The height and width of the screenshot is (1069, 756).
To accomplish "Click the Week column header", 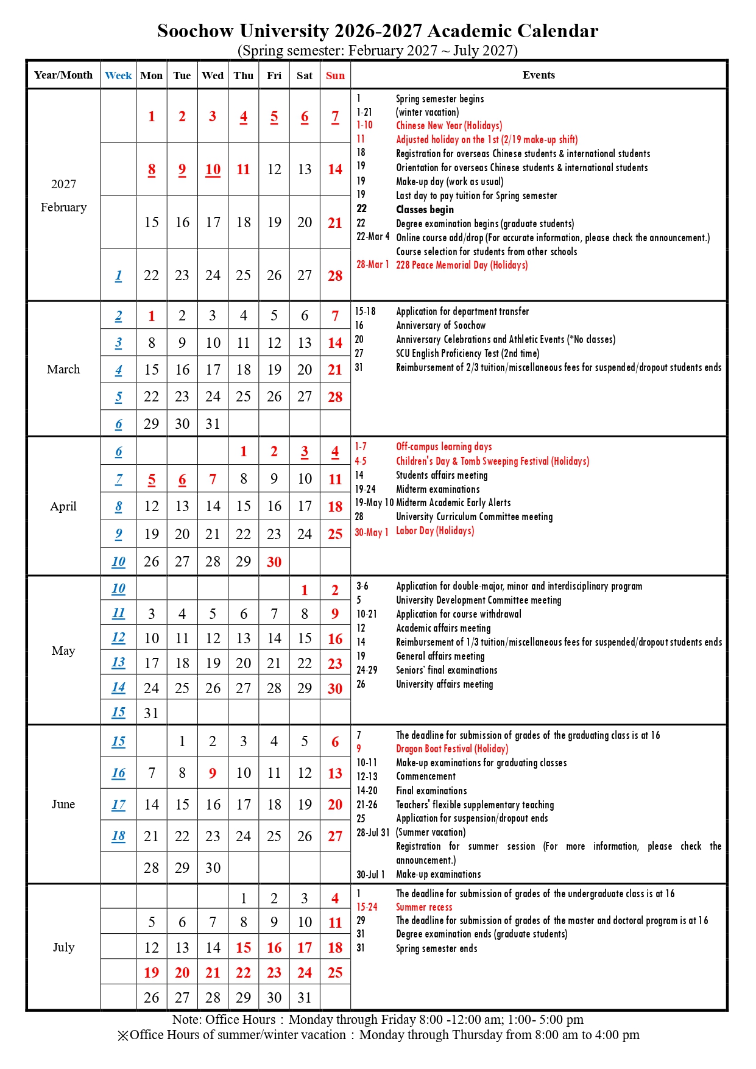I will point(118,76).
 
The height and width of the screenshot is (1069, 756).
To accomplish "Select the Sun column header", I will point(335,76).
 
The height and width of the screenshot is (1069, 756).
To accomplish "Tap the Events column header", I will point(539,75).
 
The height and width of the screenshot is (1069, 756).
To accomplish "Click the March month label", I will point(63,369).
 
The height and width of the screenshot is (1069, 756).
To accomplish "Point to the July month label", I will point(63,947).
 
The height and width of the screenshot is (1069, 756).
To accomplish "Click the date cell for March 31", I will point(213,424).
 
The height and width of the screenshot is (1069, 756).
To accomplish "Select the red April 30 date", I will point(274,562).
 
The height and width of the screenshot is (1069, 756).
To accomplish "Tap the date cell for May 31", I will point(151,713).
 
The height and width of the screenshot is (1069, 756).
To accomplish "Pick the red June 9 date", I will point(213,774).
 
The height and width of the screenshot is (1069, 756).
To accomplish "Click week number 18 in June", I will point(118,836).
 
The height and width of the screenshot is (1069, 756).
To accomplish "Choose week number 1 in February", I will point(118,276).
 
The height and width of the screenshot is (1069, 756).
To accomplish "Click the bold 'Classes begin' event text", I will point(425,210).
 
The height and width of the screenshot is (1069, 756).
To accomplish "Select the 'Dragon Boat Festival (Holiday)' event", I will point(452,749).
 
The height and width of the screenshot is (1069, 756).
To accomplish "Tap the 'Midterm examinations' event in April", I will point(437,489).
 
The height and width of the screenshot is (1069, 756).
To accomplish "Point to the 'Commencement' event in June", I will point(426,777).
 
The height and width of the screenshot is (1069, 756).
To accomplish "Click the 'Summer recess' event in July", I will point(424,907).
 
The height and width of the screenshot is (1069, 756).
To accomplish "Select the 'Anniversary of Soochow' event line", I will point(440,325).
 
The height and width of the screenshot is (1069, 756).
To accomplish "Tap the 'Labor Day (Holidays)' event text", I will point(435,531).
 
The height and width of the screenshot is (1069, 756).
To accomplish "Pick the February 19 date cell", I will point(274,222).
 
